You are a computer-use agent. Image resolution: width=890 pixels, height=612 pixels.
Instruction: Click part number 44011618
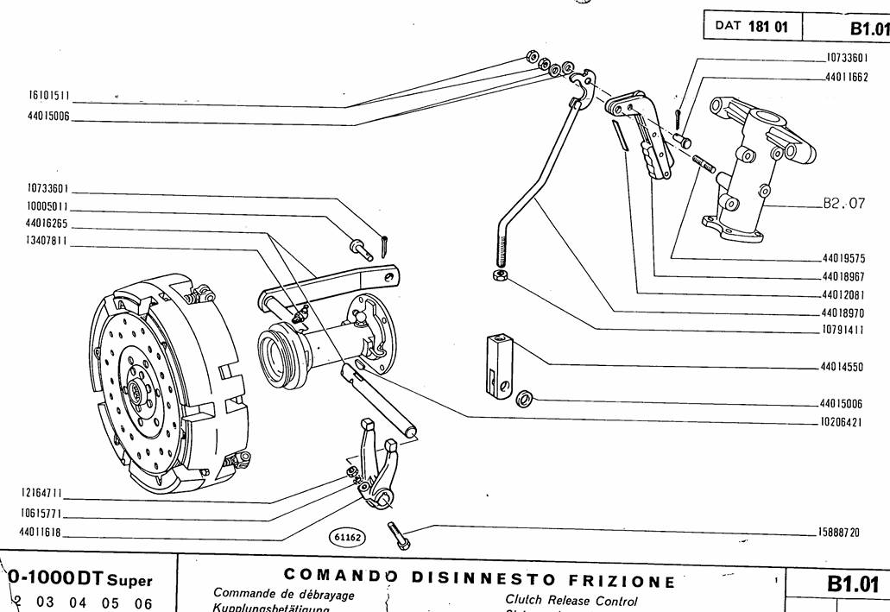(40, 532)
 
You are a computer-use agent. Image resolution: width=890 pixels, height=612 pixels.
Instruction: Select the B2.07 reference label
(843, 205)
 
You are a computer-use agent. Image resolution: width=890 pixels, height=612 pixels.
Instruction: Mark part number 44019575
(843, 259)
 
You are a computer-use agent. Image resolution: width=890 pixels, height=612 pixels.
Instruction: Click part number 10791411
(843, 330)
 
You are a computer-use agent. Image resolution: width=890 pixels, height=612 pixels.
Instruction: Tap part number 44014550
(843, 367)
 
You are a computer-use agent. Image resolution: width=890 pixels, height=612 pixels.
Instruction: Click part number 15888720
(841, 532)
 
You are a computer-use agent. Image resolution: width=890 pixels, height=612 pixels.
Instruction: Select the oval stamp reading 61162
(348, 538)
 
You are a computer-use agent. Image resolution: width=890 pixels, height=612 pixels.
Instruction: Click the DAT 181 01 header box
(752, 27)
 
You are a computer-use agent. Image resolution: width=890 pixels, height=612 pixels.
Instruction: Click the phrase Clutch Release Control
(571, 600)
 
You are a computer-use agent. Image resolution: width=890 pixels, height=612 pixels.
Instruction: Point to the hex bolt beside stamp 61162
(400, 535)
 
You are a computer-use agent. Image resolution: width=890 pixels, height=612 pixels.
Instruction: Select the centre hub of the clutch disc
(138, 393)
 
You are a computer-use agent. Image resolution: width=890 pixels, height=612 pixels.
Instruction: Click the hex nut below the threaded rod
(498, 275)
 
